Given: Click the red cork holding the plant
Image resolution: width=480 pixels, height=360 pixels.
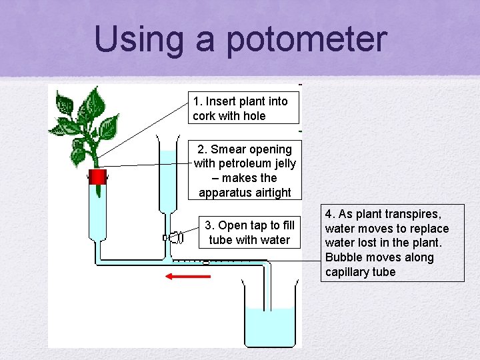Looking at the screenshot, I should pos(97,177).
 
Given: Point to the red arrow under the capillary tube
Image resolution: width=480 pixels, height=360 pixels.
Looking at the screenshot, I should pos(188,275).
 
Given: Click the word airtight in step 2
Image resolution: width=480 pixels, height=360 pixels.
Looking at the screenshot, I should pos(269,193).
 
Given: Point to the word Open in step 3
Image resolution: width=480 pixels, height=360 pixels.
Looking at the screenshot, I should pos(233,225).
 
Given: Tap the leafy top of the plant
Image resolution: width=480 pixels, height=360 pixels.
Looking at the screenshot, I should pos(87,120).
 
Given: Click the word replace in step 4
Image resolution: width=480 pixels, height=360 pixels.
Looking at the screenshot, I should pos(429,229).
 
